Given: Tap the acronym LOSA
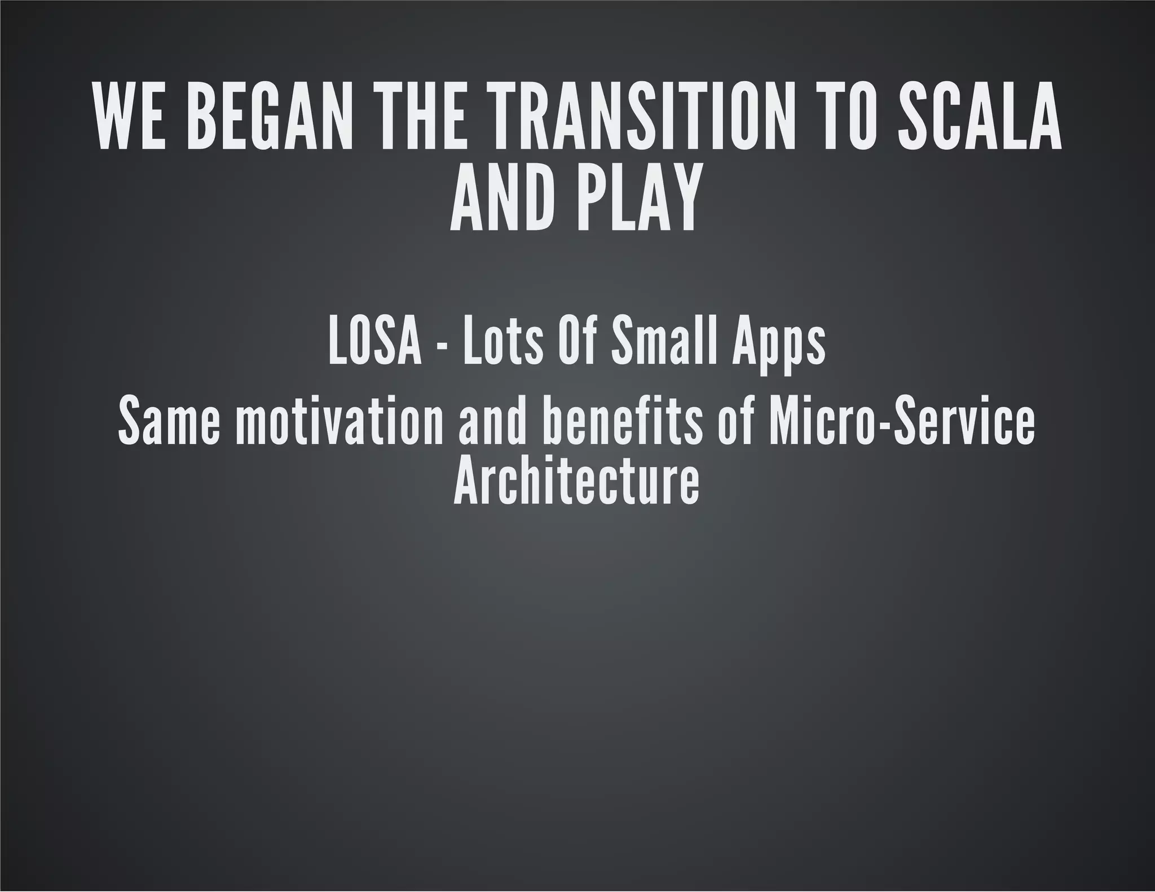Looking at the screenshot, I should coord(374,342).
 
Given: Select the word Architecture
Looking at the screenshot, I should coord(576,483).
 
